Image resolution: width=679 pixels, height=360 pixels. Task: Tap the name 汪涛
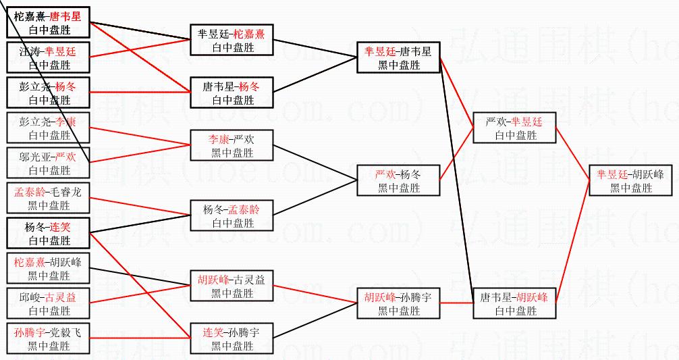[x=30, y=51]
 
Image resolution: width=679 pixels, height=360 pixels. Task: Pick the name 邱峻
[x=30, y=298]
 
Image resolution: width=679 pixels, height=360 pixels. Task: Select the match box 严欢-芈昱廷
[x=515, y=128]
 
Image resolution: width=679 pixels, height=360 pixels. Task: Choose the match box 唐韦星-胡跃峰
[x=515, y=303]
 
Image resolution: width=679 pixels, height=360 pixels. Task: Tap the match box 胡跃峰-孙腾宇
[x=399, y=303]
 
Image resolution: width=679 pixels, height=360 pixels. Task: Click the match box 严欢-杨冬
[x=399, y=180]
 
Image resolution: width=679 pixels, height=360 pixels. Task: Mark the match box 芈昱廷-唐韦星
[x=399, y=57]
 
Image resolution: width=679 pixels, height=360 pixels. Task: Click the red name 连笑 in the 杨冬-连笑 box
[x=61, y=228]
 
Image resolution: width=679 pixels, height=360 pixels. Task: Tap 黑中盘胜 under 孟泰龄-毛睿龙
[x=49, y=205]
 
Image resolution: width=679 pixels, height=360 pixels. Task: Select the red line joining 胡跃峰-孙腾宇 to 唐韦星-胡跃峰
[x=457, y=303]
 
